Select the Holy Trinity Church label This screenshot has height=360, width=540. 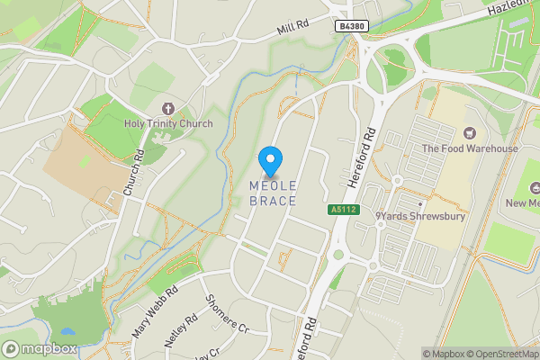tap(169, 123)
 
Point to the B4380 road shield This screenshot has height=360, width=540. tap(353, 28)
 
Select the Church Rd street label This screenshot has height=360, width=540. tap(133, 173)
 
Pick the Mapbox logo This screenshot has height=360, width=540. tap(40, 349)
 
